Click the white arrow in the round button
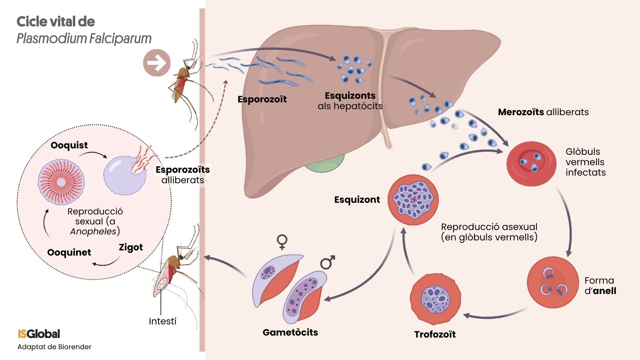157,63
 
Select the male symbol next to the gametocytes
328,262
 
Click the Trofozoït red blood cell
435,299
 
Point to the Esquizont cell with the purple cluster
413,200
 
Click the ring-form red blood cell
553,282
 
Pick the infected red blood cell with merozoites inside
531,163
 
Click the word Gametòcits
290,332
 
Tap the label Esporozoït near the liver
262,99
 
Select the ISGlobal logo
39,334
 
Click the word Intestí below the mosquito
162,321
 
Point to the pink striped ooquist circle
61,182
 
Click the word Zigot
131,247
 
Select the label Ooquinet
69,252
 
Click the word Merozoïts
520,112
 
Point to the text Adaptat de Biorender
54,347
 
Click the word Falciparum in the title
120,39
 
